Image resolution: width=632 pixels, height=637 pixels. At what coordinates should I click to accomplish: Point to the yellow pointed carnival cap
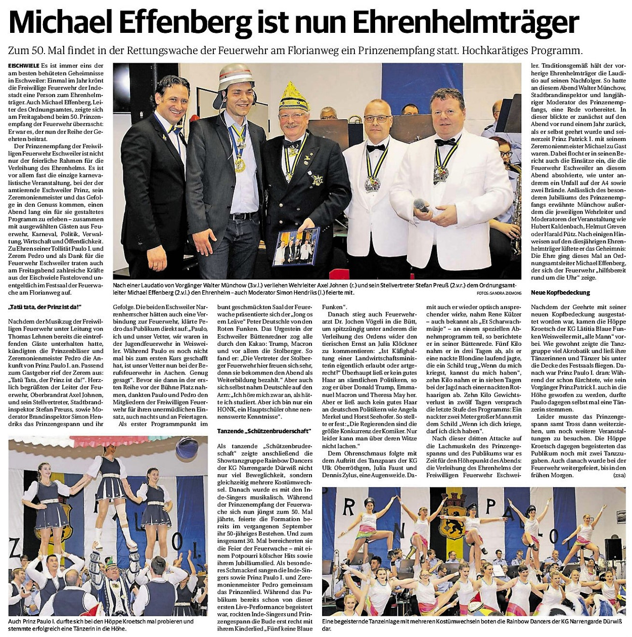[295, 96]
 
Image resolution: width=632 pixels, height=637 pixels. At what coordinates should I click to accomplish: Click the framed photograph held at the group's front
[296, 246]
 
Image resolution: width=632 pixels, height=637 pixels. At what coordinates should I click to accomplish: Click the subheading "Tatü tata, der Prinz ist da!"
[45, 307]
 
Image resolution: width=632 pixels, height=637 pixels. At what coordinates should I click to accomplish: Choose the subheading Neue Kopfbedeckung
[553, 293]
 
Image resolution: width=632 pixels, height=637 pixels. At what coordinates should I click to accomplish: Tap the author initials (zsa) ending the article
[619, 475]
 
